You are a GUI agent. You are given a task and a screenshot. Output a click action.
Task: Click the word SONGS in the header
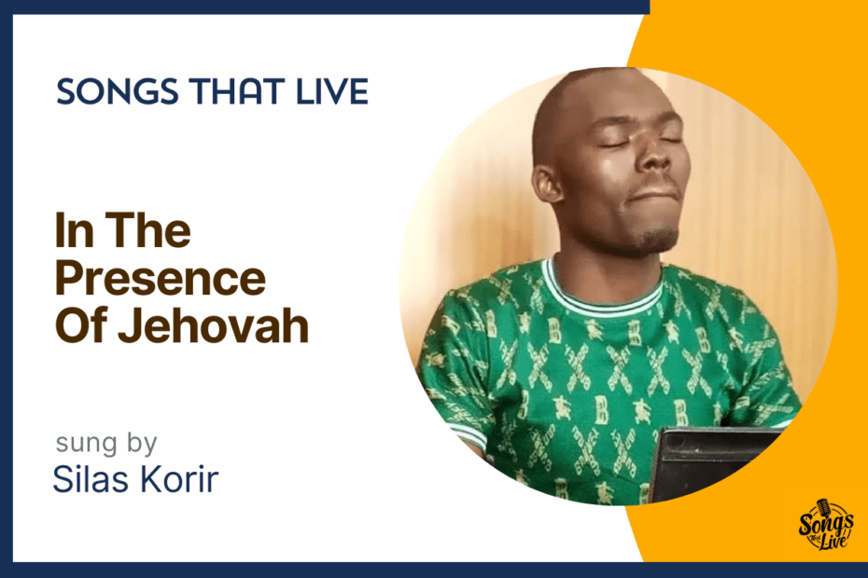[118, 91]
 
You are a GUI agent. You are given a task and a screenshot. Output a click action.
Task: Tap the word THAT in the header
[237, 91]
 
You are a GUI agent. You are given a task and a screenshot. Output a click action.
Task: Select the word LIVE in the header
[332, 91]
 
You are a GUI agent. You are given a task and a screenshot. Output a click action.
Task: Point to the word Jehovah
[213, 325]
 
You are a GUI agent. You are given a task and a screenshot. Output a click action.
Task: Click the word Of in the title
[82, 325]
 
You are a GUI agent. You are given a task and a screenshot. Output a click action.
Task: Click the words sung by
[106, 443]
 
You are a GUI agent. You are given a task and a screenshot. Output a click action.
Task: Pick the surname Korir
[178, 478]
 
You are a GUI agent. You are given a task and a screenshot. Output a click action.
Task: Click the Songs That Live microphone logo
[825, 525]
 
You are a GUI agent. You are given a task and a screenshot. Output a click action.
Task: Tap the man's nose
[658, 158]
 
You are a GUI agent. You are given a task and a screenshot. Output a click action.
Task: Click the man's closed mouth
[655, 194]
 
